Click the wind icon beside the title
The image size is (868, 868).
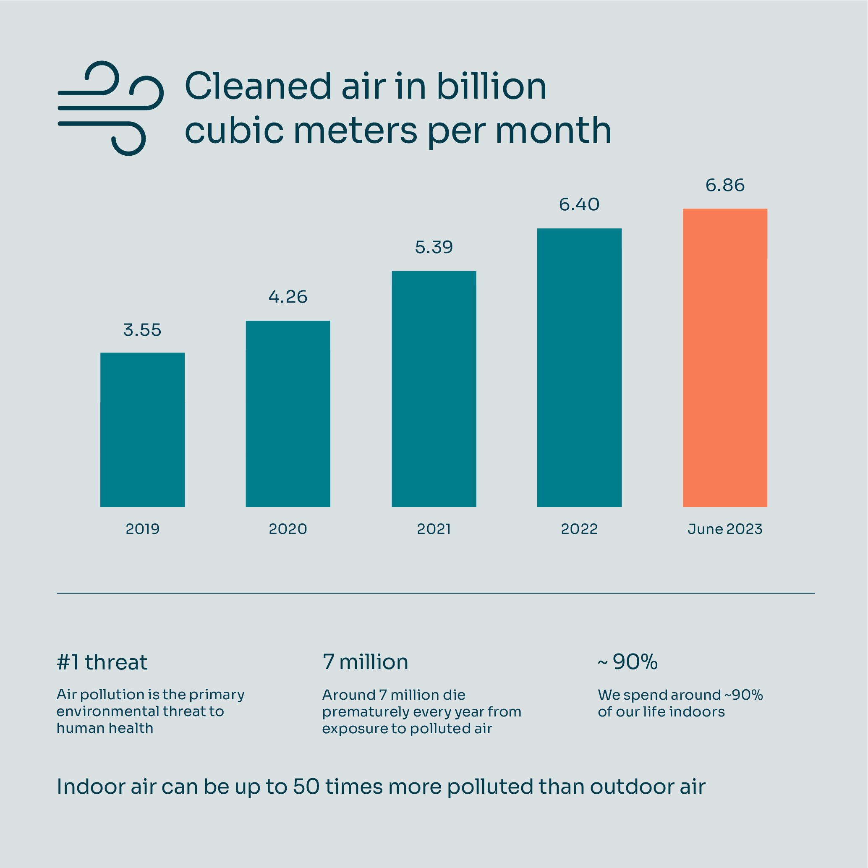110,108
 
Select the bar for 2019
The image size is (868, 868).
142,429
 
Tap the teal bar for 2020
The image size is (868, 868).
288,413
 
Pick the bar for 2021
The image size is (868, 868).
434,389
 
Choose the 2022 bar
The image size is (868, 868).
579,368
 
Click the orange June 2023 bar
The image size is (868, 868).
725,358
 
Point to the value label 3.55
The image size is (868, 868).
142,330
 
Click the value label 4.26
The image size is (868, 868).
288,297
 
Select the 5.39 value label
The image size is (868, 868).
434,247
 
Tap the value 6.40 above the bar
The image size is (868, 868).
579,205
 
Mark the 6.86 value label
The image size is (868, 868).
725,185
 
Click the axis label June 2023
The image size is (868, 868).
725,529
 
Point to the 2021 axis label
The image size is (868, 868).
434,529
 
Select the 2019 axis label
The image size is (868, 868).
142,529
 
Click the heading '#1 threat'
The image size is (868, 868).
102,662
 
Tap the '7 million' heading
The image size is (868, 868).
365,662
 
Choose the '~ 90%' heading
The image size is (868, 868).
627,662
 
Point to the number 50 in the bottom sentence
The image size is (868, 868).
306,786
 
